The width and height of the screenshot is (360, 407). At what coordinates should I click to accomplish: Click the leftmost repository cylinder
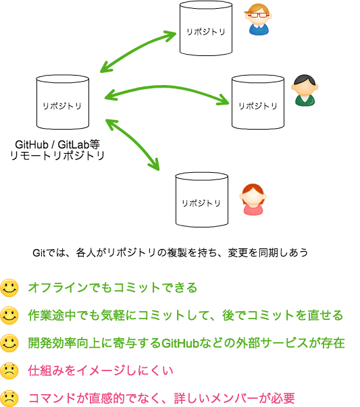point(62,102)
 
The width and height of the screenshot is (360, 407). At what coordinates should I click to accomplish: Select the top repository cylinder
point(205,29)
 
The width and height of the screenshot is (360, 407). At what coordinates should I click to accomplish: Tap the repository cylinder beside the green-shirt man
point(257,102)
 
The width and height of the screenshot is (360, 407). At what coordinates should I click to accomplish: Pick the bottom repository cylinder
point(201,200)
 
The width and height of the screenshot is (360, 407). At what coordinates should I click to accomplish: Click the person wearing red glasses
point(258,19)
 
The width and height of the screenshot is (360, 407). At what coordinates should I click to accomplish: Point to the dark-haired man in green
point(305,90)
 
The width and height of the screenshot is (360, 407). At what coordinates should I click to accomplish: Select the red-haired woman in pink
point(253,199)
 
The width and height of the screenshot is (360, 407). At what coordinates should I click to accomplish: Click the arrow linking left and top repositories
point(138,51)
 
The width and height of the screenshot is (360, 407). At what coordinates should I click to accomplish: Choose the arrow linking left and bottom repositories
point(132,144)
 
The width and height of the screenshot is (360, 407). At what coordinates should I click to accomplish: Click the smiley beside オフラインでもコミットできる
point(9,288)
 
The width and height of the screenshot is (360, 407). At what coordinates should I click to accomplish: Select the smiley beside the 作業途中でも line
point(9,316)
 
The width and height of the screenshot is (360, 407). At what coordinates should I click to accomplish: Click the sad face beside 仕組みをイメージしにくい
point(9,371)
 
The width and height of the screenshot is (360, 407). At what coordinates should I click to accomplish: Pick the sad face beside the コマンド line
point(9,398)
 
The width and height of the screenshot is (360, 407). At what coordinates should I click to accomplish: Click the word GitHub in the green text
point(180,344)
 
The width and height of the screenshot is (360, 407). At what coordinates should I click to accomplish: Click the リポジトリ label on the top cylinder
point(205,32)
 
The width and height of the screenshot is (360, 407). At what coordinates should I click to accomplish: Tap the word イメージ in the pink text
point(111,371)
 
